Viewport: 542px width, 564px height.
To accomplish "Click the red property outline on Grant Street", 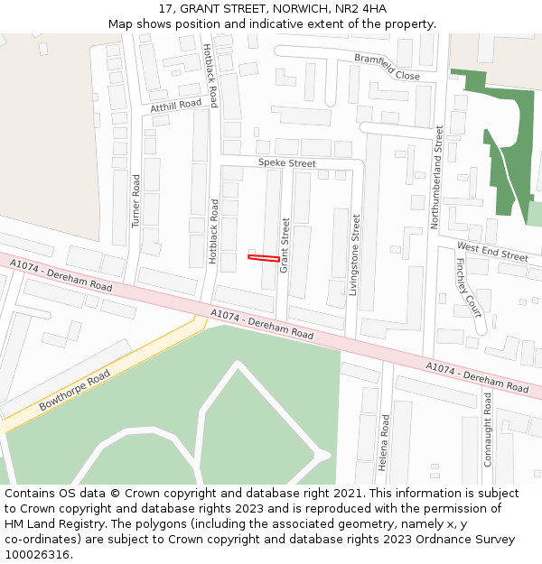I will [264, 259].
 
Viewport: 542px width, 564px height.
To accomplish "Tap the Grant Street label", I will [285, 245].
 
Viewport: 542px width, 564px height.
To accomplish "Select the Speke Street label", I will [286, 163].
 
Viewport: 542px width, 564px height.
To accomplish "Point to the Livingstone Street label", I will [355, 255].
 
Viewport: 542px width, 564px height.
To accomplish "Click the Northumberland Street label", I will [439, 176].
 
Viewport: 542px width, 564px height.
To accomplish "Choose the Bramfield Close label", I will [387, 68].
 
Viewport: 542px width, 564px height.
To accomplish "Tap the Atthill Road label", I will [176, 106].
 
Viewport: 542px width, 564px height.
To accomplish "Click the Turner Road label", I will [136, 200].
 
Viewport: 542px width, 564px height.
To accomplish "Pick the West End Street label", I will [492, 251].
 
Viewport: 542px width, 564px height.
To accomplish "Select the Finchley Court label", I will [469, 288].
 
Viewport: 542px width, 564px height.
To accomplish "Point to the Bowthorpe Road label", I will [75, 390].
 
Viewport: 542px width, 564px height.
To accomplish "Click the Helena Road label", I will [384, 442].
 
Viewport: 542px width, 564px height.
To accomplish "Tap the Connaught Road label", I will [488, 429].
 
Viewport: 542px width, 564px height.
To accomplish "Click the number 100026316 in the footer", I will [35, 554].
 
